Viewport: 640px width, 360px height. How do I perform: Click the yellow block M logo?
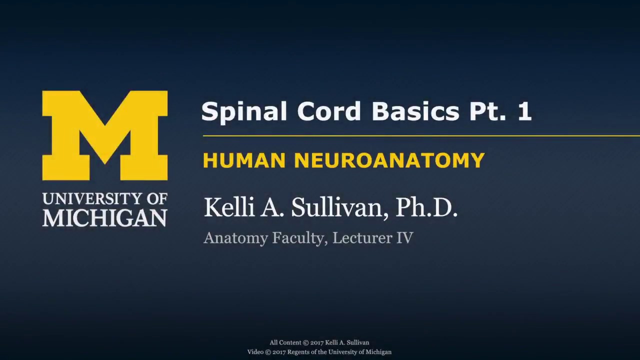pyautogui.click(x=105, y=135)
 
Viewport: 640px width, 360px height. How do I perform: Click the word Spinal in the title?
pyautogui.click(x=244, y=111)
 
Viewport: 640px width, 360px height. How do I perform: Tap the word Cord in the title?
pyautogui.click(x=328, y=111)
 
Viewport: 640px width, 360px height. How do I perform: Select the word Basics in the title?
pyautogui.click(x=415, y=111)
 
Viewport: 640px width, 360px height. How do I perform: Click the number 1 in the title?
pyautogui.click(x=524, y=111)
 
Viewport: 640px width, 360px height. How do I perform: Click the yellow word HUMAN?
pyautogui.click(x=244, y=160)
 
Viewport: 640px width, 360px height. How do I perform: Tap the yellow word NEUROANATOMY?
pyautogui.click(x=389, y=160)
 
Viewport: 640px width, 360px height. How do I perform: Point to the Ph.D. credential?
pyautogui.click(x=426, y=207)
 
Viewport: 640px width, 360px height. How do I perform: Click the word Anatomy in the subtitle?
pyautogui.click(x=235, y=238)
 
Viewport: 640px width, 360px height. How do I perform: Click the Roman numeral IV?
pyautogui.click(x=405, y=238)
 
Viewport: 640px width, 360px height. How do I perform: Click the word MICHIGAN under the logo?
pyautogui.click(x=105, y=218)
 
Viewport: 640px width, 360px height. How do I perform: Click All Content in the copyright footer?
pyautogui.click(x=285, y=342)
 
